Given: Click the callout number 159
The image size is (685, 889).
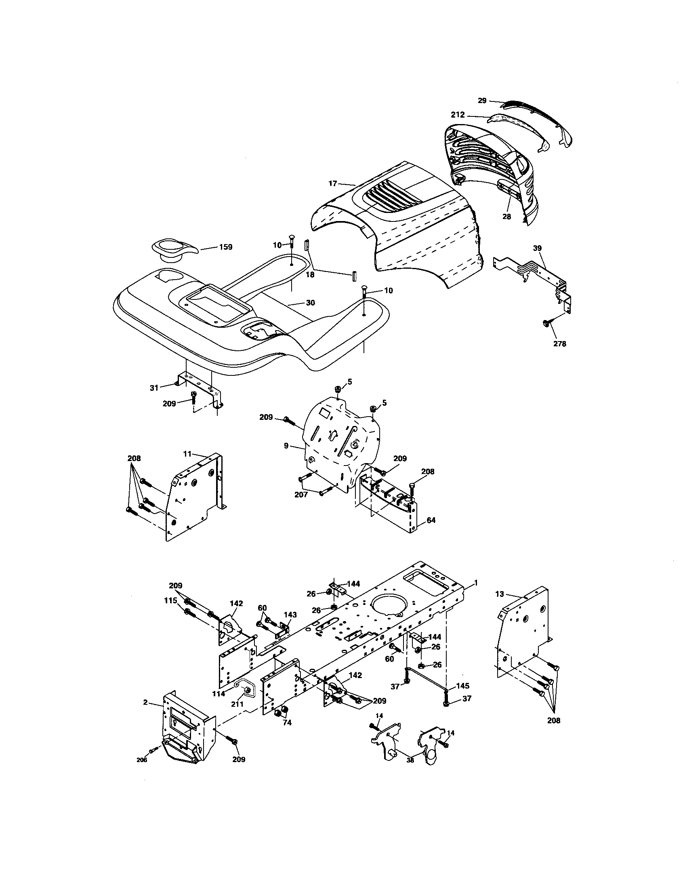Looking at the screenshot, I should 225,247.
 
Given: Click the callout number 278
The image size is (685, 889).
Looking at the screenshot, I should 559,343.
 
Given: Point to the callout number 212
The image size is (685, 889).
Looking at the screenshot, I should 458,115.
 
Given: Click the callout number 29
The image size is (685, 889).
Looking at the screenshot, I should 482,101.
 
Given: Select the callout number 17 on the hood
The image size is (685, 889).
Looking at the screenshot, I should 333,183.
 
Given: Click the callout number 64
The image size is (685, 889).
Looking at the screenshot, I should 431,520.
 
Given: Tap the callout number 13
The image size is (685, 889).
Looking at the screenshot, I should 500,594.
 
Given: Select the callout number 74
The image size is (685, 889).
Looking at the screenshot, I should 287,723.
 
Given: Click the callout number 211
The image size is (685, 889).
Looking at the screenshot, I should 237,704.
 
